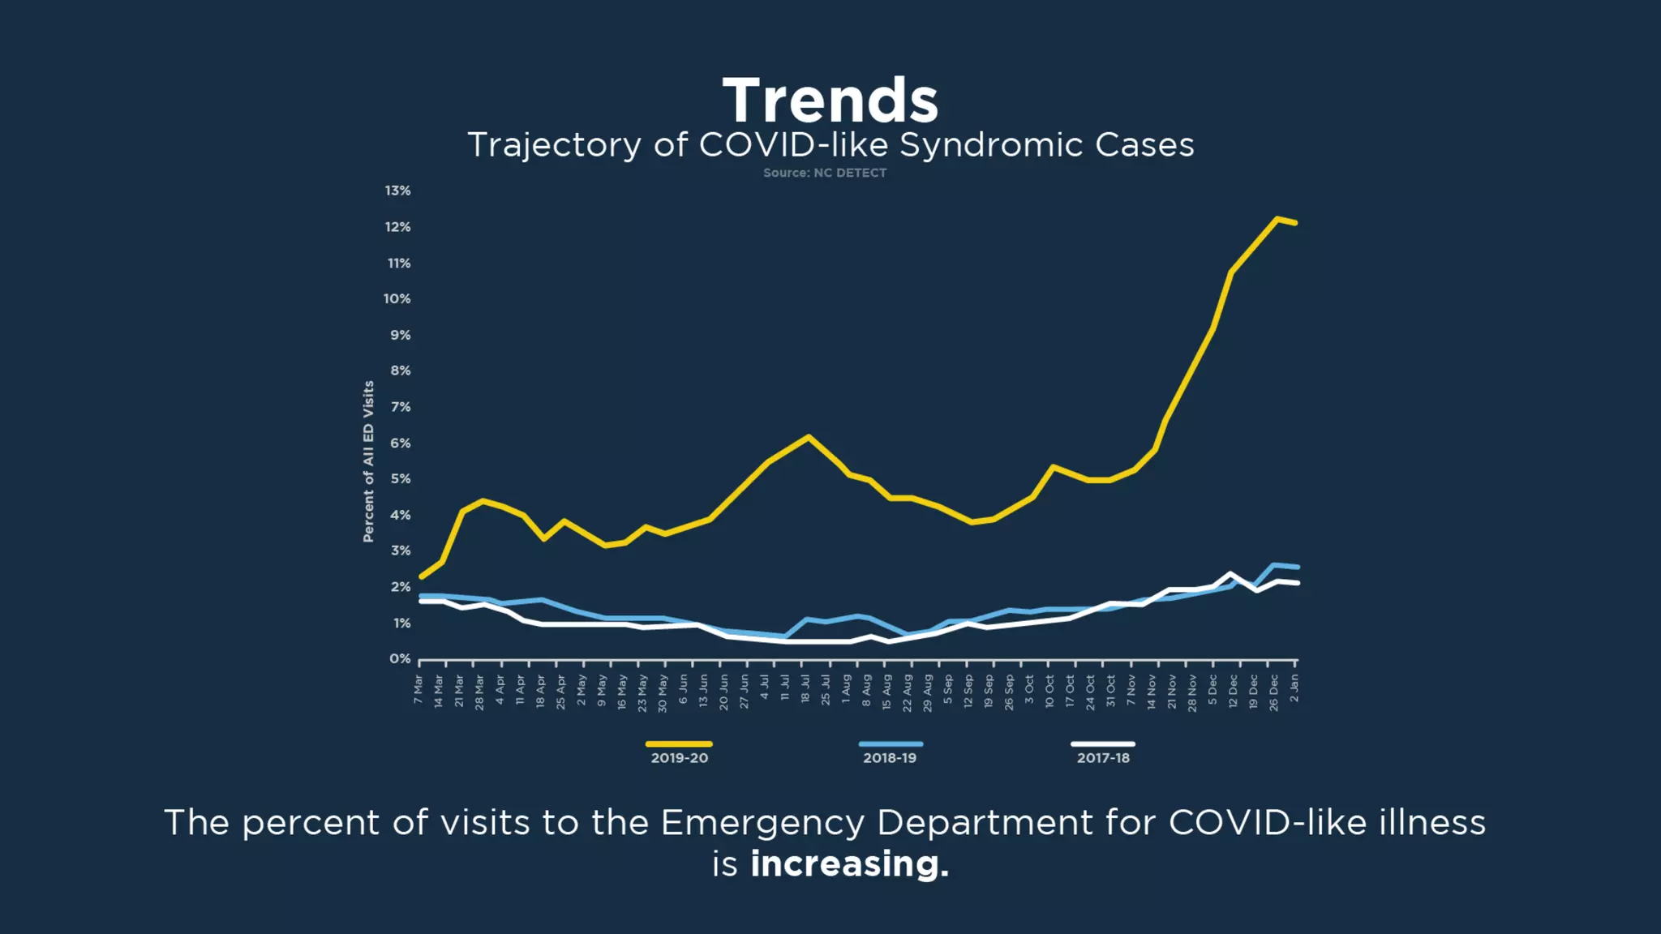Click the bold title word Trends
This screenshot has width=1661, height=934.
click(x=830, y=101)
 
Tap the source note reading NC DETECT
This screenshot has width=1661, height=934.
click(x=824, y=173)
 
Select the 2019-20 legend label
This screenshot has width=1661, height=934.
click(x=679, y=757)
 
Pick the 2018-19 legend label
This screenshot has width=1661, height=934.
click(x=889, y=757)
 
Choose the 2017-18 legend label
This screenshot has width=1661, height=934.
click(x=1102, y=757)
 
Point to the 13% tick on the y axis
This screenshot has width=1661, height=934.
click(x=397, y=191)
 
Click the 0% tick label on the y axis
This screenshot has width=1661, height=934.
click(x=399, y=658)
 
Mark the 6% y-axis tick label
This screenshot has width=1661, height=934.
click(x=400, y=443)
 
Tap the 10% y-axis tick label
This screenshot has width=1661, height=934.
click(x=397, y=298)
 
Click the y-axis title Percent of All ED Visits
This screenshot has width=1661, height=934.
click(x=368, y=461)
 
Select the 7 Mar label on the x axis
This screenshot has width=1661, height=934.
click(x=418, y=689)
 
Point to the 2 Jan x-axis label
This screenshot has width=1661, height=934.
click(x=1294, y=688)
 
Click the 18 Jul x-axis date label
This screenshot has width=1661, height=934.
click(x=805, y=688)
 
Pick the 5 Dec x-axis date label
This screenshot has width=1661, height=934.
click(x=1212, y=689)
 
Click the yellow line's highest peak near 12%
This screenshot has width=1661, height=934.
click(x=1277, y=219)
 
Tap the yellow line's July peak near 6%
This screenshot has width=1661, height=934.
click(x=808, y=436)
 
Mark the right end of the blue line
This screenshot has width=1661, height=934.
click(x=1298, y=567)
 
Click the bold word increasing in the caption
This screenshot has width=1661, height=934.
click(x=849, y=864)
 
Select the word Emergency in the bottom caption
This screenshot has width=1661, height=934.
click(x=763, y=823)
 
